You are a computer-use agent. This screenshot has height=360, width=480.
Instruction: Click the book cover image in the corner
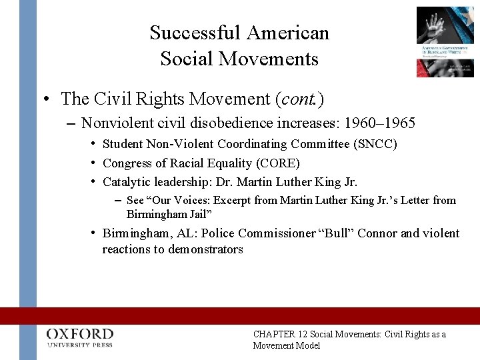pyautogui.click(x=445, y=41)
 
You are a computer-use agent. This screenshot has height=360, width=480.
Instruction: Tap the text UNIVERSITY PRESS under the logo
pyautogui.click(x=80, y=345)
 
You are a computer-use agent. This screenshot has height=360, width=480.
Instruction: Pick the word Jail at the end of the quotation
pyautogui.click(x=199, y=213)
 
